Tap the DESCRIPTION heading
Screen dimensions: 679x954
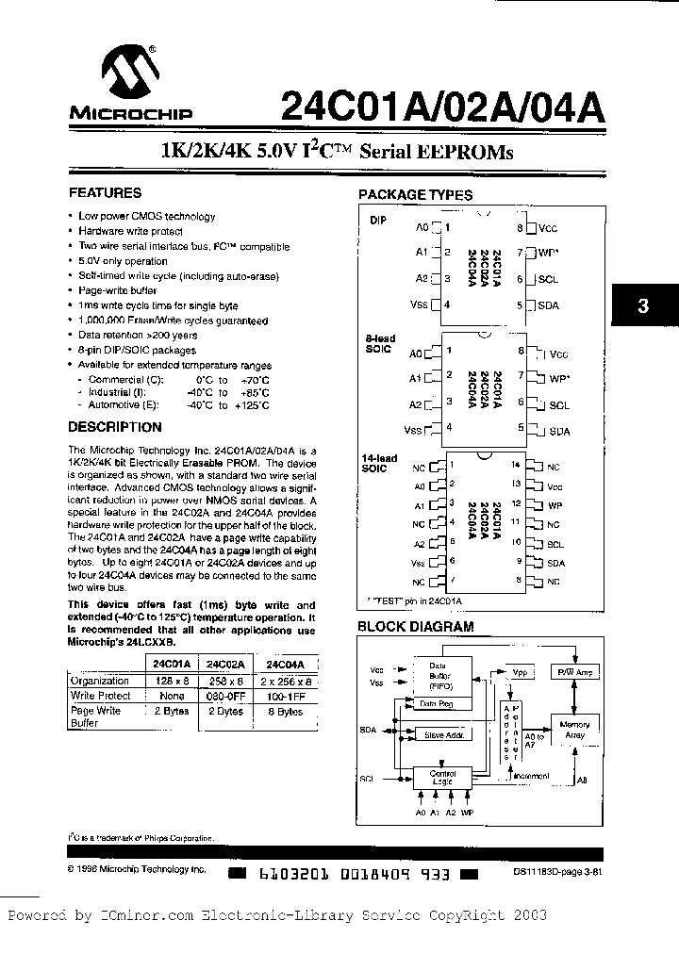(115, 427)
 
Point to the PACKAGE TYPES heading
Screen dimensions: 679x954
(415, 195)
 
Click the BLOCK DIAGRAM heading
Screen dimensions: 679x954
(415, 626)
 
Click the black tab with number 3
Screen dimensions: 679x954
(643, 305)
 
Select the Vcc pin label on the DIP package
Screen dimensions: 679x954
(548, 228)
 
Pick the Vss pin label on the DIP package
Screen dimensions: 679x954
(420, 304)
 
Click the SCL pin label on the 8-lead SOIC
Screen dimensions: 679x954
(559, 405)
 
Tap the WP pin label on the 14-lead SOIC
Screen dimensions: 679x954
(555, 506)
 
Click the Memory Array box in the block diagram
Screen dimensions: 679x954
(574, 730)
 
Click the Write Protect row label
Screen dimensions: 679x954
(101, 696)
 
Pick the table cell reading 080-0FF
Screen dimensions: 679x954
(224, 696)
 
